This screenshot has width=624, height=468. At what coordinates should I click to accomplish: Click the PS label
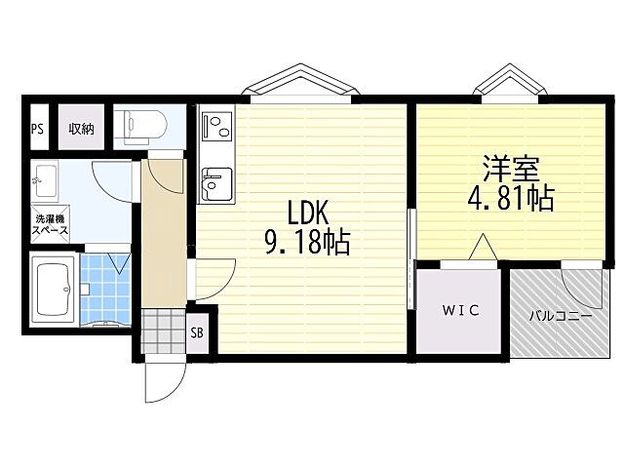[x=37, y=129]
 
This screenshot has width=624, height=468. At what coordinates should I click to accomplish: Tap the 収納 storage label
[x=81, y=129]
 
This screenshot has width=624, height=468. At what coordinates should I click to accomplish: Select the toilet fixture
[x=144, y=126]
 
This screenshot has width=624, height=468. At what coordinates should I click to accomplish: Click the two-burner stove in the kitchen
[x=216, y=126]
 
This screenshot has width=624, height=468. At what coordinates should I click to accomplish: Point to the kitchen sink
[x=216, y=184]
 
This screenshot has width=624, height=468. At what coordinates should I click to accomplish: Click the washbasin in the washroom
[x=45, y=181]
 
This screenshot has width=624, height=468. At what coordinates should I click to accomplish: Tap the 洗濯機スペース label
[x=50, y=224]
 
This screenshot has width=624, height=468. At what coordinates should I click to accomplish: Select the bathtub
[x=55, y=290]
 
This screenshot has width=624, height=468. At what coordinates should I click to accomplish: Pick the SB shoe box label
[x=197, y=332]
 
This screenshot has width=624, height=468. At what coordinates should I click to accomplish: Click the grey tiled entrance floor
[x=164, y=331]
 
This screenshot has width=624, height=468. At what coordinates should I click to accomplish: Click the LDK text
[x=308, y=213]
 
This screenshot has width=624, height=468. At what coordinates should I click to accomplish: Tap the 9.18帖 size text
[x=307, y=242]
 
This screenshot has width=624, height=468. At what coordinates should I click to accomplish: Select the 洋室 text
[x=511, y=169]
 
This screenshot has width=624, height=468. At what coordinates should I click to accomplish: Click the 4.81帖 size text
[x=511, y=198]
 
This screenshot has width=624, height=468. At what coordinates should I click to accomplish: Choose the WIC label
[x=461, y=310]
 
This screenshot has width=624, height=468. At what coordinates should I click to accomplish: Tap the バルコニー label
[x=561, y=316]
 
